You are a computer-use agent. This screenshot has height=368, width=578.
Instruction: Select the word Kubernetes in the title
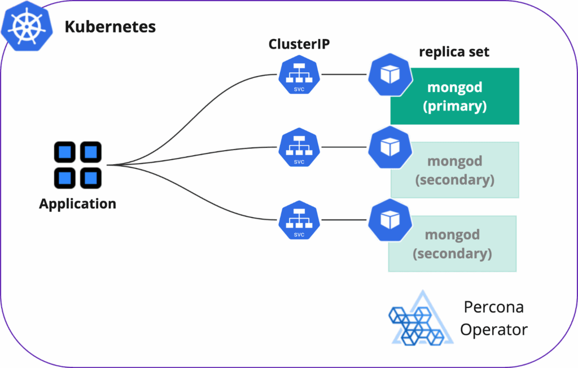click(x=110, y=27)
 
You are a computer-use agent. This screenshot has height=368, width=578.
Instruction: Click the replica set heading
click(x=454, y=52)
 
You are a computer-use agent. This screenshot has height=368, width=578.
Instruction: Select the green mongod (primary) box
click(x=455, y=97)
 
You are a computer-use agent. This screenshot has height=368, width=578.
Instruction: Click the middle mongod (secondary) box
click(x=455, y=170)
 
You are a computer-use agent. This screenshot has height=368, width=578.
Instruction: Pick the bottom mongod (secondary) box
click(x=452, y=244)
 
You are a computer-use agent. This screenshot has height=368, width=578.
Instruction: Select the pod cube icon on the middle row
click(x=389, y=147)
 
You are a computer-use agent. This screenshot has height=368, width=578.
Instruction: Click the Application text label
click(x=77, y=204)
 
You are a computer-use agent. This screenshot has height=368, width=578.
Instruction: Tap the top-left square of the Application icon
click(x=65, y=152)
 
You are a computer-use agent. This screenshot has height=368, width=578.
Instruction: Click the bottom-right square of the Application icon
click(x=90, y=178)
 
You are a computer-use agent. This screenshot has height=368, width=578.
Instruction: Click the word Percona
click(x=493, y=308)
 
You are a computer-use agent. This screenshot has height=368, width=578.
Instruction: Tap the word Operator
click(x=494, y=329)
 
